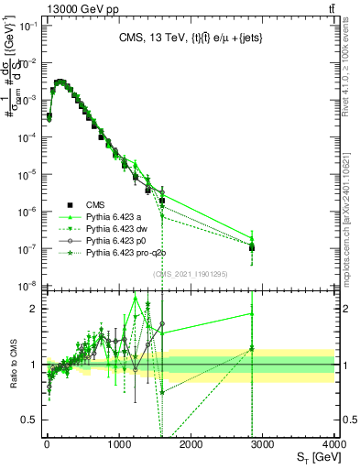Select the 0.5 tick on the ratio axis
(34, 420)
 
